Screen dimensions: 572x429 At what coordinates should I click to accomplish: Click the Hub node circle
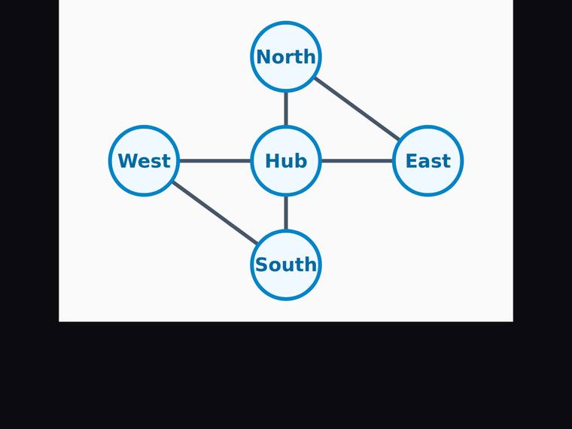(x=286, y=161)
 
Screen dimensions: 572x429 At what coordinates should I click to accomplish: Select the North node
(x=286, y=56)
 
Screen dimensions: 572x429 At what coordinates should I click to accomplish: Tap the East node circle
(x=428, y=161)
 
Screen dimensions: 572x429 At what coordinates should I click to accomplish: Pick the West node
(x=144, y=161)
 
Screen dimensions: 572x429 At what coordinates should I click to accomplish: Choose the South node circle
(x=286, y=265)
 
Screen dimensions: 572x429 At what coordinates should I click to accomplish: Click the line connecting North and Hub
(x=286, y=108)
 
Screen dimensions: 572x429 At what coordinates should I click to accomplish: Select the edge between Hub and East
(x=357, y=161)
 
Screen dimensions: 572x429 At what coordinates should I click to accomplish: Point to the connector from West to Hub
(x=214, y=161)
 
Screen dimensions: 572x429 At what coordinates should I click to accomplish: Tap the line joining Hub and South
(x=286, y=213)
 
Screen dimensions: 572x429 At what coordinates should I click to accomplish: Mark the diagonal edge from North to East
(x=357, y=108)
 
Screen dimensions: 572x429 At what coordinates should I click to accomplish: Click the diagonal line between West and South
(x=214, y=213)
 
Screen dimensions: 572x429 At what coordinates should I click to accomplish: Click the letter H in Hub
(x=272, y=161)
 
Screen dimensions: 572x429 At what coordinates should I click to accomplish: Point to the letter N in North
(x=263, y=57)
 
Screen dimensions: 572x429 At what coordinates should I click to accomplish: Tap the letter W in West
(x=127, y=161)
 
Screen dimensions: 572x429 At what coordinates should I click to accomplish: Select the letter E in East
(x=412, y=161)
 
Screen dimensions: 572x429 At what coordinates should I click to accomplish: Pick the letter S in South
(x=261, y=265)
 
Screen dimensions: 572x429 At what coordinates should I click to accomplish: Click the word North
(x=286, y=56)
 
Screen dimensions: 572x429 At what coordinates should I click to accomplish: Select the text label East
(x=428, y=161)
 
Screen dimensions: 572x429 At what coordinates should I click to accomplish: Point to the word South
(x=286, y=265)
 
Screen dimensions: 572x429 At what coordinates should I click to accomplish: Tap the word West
(x=144, y=161)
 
